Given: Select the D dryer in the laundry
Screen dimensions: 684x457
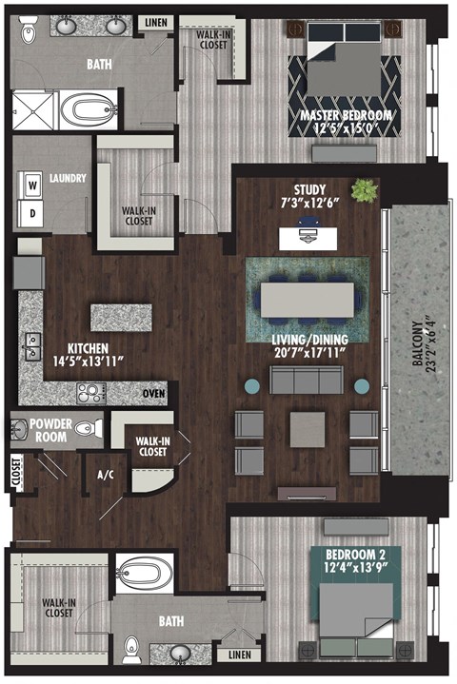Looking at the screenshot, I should tap(31, 213).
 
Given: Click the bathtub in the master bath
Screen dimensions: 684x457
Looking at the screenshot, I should tap(88, 109).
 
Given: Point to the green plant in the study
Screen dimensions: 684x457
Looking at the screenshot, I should tap(363, 190).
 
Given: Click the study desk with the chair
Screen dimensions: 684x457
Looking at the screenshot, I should tap(305, 233).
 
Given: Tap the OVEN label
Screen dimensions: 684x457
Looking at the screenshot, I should tap(153, 392).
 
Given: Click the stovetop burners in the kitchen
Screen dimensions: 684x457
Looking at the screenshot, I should tap(91, 392).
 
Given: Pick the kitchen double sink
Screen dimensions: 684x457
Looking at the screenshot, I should tap(32, 341).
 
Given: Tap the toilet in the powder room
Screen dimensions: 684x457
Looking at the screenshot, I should tap(87, 428).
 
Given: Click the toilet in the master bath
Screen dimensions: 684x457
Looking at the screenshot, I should tap(29, 31).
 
